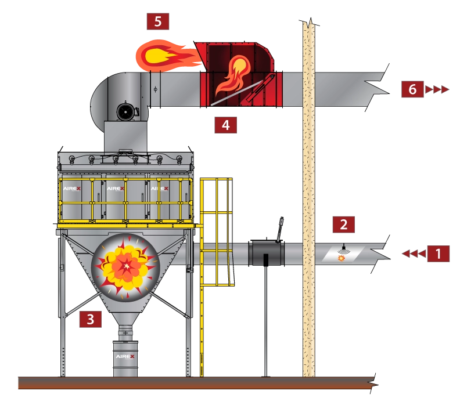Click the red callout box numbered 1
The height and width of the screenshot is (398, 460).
point(439,254)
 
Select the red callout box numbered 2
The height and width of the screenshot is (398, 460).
point(343,225)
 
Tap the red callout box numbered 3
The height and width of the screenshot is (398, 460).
point(90,319)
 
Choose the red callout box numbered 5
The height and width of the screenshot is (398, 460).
point(157,23)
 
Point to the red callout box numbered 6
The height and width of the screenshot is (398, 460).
point(412,89)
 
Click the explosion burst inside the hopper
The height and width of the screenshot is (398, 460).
point(126,265)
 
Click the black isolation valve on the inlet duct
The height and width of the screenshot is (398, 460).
point(265,254)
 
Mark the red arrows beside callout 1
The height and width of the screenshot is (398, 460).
point(413,254)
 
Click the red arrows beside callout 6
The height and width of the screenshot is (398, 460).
point(437,89)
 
